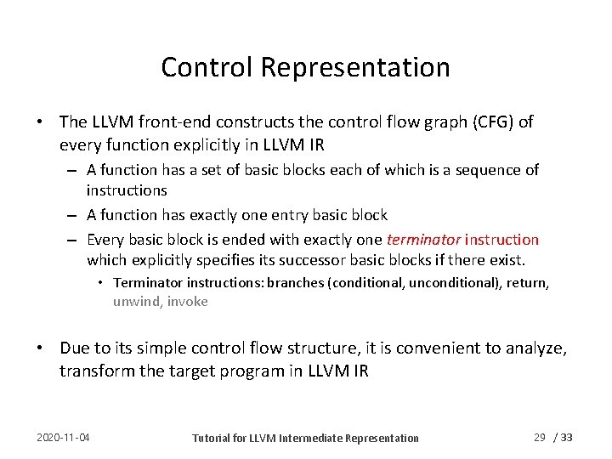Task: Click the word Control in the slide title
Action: (x=198, y=67)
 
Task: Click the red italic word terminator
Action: (x=424, y=240)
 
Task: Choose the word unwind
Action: (x=136, y=301)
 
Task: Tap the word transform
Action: (x=95, y=371)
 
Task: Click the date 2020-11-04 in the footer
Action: (x=64, y=438)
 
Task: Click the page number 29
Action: (x=539, y=437)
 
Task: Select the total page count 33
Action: (x=568, y=437)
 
